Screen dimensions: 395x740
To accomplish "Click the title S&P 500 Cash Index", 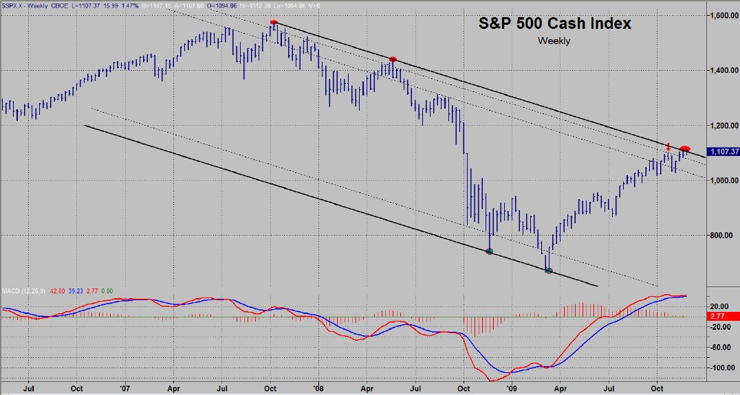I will point(554,23).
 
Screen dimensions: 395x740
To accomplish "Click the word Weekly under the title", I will point(554,41).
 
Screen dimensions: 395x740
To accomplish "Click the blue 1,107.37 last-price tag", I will point(723,151).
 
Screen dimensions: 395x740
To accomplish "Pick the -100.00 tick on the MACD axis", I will point(721,368).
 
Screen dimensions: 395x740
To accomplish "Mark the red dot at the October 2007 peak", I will point(274,23).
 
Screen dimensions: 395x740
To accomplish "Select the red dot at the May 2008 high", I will point(393,60).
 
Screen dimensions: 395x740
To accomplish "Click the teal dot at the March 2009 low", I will point(549,270).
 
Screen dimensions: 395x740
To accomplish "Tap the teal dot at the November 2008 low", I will point(490,251).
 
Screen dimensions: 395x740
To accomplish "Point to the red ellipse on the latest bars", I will point(685,149).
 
